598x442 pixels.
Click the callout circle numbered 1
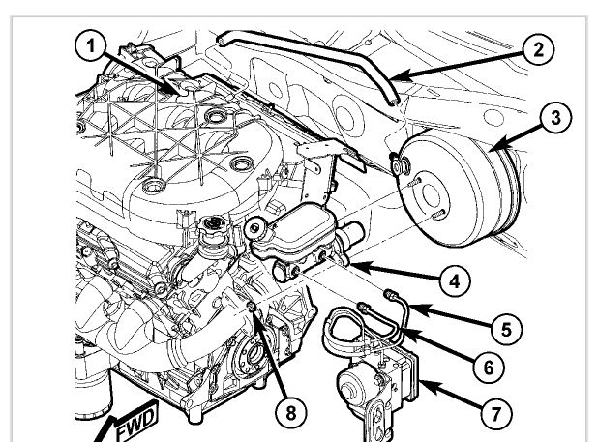click(90, 47)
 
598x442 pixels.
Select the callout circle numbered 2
click(538, 50)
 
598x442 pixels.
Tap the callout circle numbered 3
click(555, 117)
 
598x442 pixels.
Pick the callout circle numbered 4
click(454, 282)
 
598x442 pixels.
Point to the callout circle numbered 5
click(506, 329)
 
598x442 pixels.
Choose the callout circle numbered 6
click(489, 368)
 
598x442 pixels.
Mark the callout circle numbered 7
click(495, 414)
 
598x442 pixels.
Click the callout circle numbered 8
click(290, 413)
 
